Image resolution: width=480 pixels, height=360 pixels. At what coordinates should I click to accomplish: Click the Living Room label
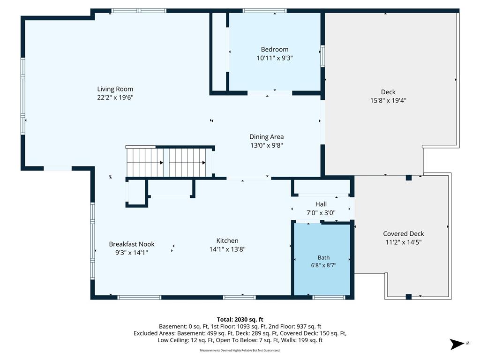click(115, 89)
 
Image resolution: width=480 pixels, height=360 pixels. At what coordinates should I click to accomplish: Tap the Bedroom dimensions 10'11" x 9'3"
click(275, 58)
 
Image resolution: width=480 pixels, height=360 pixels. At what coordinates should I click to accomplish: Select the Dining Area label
click(266, 137)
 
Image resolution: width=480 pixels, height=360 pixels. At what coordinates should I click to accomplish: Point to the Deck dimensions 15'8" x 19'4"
click(388, 100)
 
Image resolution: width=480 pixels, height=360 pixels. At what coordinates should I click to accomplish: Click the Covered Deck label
click(404, 233)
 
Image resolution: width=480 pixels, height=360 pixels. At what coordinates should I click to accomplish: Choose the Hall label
click(321, 204)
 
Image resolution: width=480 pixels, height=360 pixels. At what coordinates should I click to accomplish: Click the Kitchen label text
click(227, 240)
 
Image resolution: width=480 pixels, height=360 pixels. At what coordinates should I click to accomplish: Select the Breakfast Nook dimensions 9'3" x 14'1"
click(132, 253)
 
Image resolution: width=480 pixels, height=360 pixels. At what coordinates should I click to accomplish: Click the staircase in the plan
click(169, 163)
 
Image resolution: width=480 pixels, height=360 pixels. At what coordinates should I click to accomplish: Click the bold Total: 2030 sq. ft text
click(240, 320)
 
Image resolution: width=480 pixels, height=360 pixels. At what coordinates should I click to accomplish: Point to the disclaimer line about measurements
click(240, 350)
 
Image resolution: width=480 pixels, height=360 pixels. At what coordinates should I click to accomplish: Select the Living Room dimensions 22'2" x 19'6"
click(115, 97)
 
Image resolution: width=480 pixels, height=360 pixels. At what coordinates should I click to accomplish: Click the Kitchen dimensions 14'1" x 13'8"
click(227, 249)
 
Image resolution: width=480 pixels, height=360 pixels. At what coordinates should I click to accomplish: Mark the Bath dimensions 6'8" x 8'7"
click(323, 265)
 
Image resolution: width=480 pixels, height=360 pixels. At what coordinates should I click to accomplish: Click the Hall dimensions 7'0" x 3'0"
click(321, 213)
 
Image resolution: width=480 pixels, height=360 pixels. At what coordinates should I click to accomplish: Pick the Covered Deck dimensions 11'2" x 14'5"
click(404, 242)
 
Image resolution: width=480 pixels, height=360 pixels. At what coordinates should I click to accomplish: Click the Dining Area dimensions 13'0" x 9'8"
click(266, 145)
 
